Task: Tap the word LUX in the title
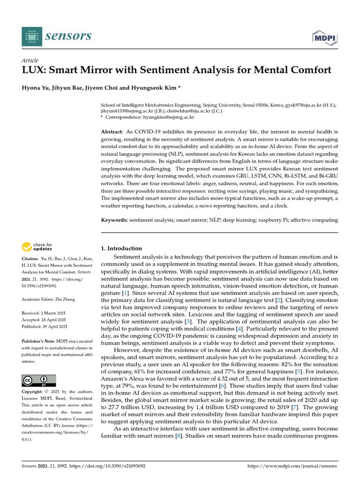[34, 70]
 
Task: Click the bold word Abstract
[112, 133]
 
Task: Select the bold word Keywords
[114, 220]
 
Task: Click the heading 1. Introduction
[121, 248]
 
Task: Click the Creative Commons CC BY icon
[39, 381]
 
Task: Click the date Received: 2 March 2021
[45, 313]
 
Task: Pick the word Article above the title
[30, 60]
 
